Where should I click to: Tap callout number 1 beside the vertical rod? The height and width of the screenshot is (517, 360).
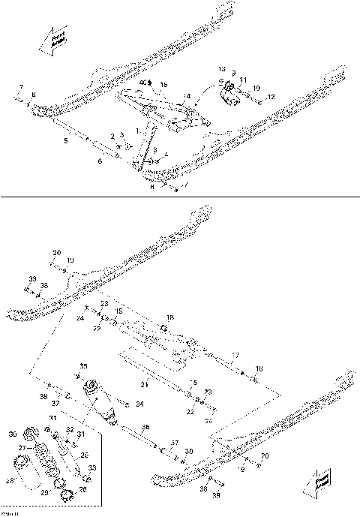(136, 131)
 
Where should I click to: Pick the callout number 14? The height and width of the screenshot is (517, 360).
(187, 97)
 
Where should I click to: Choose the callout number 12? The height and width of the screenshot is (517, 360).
(271, 96)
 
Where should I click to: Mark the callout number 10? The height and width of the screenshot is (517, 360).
(256, 88)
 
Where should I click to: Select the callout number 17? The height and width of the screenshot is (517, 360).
(235, 354)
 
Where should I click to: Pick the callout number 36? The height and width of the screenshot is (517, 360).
(145, 428)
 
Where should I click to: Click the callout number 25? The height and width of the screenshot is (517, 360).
(84, 455)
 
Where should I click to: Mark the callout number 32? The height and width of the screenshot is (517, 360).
(69, 429)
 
